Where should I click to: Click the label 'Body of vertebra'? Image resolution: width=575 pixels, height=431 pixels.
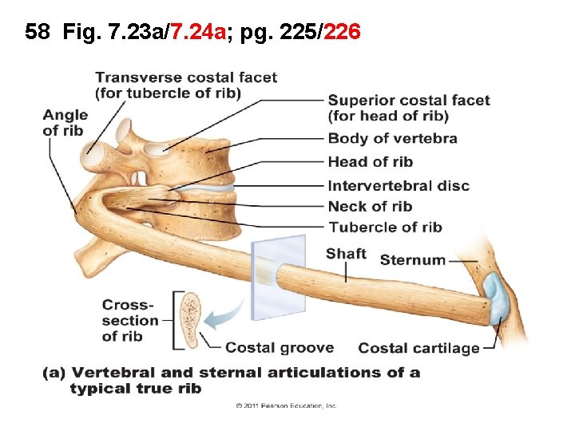392,139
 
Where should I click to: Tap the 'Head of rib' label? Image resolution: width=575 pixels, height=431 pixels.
370,163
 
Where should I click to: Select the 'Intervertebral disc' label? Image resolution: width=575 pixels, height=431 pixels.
399,186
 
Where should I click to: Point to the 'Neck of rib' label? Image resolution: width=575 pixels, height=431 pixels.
370,207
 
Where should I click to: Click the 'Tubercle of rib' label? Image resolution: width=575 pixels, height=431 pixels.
385,227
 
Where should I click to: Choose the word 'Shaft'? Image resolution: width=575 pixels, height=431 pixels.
346,255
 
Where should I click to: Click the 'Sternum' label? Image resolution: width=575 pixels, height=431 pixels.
412,260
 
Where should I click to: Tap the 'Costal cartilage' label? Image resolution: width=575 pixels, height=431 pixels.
418,348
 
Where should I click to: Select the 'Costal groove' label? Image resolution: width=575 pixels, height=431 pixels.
280,348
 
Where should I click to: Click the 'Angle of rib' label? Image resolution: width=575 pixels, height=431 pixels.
65,123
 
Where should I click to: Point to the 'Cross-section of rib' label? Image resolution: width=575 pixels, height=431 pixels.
129,320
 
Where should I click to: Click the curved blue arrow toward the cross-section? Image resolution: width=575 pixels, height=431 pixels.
226,313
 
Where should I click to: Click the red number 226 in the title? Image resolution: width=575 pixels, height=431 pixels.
343,33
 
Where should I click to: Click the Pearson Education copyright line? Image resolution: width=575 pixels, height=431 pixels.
286,406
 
